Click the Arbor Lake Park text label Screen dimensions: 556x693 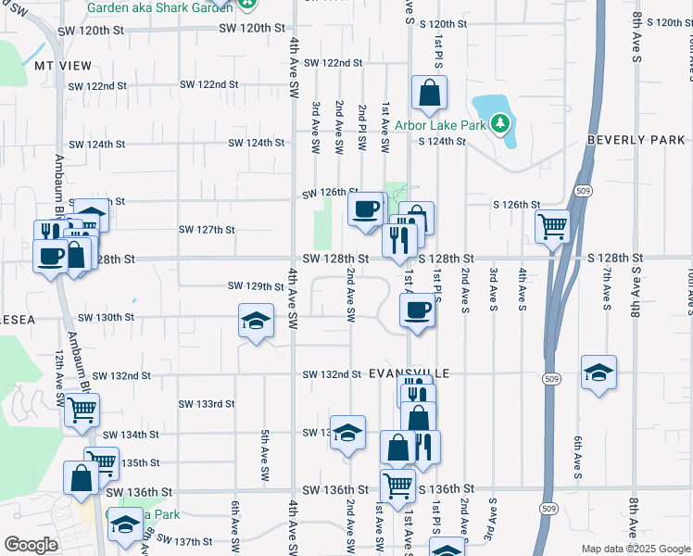click(x=440, y=124)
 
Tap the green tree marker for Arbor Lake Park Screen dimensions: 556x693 click(x=500, y=122)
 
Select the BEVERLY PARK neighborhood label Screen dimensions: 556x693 click(x=636, y=140)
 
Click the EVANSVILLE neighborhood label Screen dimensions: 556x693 click(x=409, y=373)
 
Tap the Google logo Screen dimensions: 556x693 click(x=31, y=545)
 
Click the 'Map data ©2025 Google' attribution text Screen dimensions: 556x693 click(x=635, y=549)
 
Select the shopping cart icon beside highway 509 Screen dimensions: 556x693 click(x=552, y=224)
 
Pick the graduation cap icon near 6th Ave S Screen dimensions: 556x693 click(x=598, y=373)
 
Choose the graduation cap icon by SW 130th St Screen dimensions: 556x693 click(x=256, y=321)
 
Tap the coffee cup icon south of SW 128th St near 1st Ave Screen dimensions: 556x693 click(x=418, y=310)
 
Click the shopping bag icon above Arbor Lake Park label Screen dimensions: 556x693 click(x=429, y=92)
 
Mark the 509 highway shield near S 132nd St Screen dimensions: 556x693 click(x=550, y=379)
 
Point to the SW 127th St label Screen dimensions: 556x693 click(x=206, y=230)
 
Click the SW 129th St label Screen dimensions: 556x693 click(x=255, y=286)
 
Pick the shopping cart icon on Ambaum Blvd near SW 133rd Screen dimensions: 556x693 click(x=82, y=409)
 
